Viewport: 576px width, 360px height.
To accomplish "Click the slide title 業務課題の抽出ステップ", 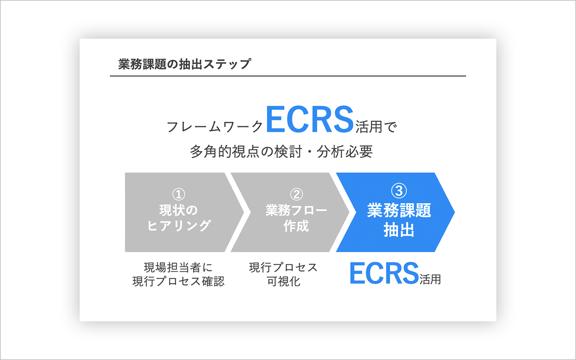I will click(x=184, y=64).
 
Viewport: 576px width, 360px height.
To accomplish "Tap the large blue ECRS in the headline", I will click(x=310, y=119).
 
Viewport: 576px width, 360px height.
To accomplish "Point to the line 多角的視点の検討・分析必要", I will click(x=281, y=152).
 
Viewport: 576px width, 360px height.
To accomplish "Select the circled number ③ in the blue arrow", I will click(x=399, y=191).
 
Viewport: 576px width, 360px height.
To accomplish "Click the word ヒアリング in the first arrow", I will click(x=179, y=225).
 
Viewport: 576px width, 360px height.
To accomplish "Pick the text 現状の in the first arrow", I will click(x=179, y=210).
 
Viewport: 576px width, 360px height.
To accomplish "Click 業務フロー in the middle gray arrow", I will click(x=296, y=210).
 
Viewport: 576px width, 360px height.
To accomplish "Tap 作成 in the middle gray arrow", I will click(x=296, y=225).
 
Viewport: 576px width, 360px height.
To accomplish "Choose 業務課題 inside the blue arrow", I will click(x=399, y=211).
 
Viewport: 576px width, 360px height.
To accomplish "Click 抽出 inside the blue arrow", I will click(x=399, y=230).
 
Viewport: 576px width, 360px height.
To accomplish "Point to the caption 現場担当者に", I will click(x=178, y=267).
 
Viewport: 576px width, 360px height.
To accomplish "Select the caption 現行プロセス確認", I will click(x=178, y=282).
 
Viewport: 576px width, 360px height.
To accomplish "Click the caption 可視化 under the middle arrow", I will click(x=283, y=282).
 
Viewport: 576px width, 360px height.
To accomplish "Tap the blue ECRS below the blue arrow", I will click(x=384, y=274).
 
